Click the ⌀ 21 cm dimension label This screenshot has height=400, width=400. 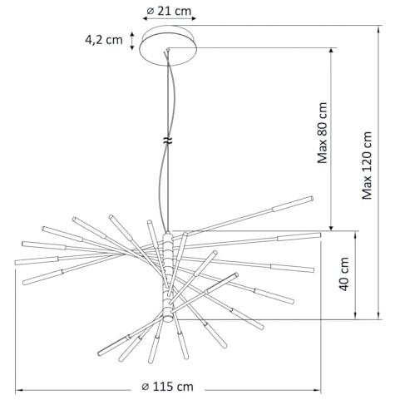pos(169,11)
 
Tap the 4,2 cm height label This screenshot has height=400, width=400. pos(104,40)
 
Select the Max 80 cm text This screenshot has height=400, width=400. pos(323,133)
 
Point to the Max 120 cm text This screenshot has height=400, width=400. pos(367,165)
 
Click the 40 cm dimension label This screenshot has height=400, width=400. pos(344,274)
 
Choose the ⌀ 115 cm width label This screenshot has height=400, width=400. pos(167,387)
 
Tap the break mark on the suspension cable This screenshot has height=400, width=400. pos(167,141)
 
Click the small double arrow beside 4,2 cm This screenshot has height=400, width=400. pos(132,41)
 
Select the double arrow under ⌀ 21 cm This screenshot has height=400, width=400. pos(170,18)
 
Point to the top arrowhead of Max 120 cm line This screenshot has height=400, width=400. pos(379,28)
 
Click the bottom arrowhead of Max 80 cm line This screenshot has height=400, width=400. pos(331,228)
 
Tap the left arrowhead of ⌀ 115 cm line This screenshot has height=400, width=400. pos(18,390)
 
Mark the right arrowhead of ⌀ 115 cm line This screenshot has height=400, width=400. pos(318,390)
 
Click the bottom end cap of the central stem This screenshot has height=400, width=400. pos(168,318)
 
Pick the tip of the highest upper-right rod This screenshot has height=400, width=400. pos(312,198)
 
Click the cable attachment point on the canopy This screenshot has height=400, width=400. pos(167,50)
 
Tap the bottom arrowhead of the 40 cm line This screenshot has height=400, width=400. pos(355,316)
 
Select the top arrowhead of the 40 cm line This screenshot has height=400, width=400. pos(355,235)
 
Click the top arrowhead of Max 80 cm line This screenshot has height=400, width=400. pos(331,51)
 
